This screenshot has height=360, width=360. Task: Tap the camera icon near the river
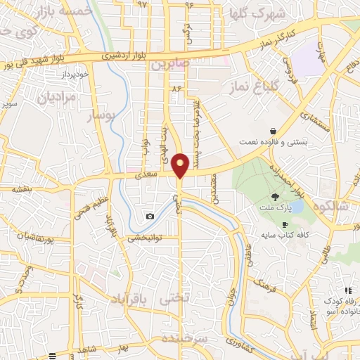(150, 216)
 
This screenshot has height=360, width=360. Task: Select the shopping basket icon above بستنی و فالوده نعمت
(273, 131)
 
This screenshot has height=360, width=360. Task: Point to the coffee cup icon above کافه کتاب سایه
(285, 224)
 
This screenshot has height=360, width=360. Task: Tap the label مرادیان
(50, 98)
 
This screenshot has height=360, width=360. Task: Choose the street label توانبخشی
(143, 238)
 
